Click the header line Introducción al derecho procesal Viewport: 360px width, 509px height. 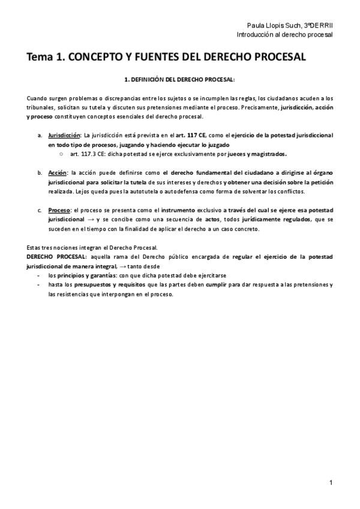(285, 34)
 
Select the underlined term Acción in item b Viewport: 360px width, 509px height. (58, 173)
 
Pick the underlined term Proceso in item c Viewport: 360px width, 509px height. (59, 210)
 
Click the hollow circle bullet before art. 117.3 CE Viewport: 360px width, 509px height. (61, 154)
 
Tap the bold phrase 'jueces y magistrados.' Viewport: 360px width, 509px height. (258, 154)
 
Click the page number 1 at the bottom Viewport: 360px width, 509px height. (331, 482)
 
